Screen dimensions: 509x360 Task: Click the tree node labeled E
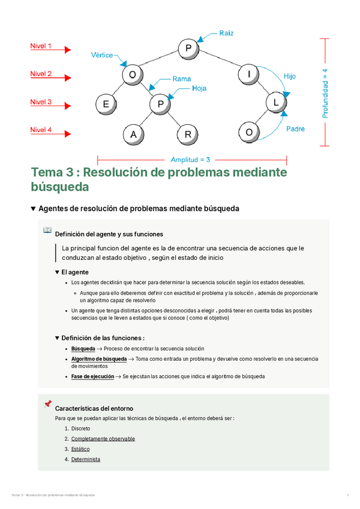pos(106,104)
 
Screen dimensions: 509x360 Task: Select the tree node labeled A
pos(133,134)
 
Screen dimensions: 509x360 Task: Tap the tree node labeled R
pos(188,134)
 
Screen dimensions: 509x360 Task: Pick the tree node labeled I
pos(248,75)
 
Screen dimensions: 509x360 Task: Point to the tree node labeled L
pos(275,103)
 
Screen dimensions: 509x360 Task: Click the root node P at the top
pos(188,47)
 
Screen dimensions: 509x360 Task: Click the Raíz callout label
pos(227,32)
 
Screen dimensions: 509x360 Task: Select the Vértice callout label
pos(102,54)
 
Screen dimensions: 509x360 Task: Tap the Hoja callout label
pos(199,88)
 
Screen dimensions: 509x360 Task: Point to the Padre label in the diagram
pos(295,128)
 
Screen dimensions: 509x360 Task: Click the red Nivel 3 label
pos(41,102)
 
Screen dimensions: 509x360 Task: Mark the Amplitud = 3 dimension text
pos(190,160)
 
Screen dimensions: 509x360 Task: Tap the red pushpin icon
pos(48,405)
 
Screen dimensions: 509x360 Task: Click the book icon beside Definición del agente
pos(47,230)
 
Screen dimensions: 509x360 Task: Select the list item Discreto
pos(80,429)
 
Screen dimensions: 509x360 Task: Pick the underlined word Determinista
pos(86,459)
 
